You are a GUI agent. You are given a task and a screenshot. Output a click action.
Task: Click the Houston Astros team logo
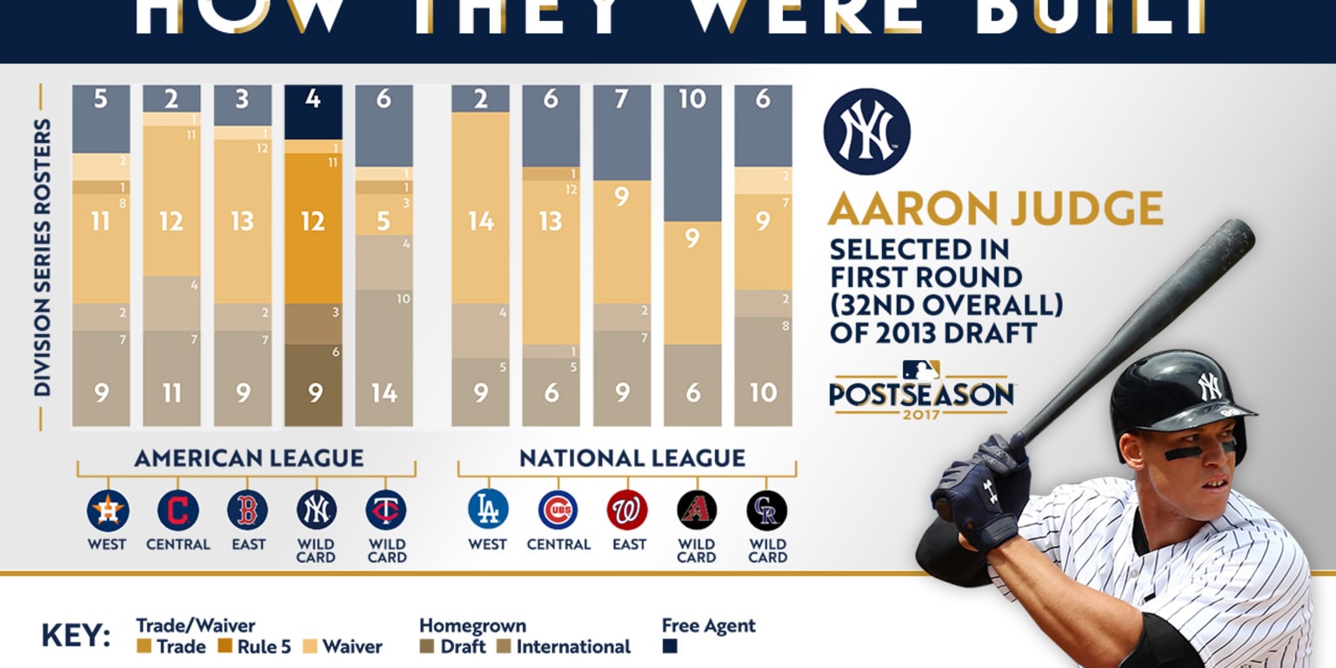pos(108,511)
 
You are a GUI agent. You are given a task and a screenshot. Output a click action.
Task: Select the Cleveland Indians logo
pos(177,511)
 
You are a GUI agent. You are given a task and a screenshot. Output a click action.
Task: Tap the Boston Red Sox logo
pos(248,511)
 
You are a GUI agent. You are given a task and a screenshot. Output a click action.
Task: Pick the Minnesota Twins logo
pos(386,511)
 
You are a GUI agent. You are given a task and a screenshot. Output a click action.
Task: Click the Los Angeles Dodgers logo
pos(488,510)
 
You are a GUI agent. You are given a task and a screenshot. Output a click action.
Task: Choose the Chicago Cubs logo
pos(558,510)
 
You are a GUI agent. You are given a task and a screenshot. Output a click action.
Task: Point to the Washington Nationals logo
pos(628,510)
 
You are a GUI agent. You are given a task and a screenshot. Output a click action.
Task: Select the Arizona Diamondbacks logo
pos(697,510)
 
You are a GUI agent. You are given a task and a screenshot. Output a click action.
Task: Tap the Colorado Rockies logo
pos(767,510)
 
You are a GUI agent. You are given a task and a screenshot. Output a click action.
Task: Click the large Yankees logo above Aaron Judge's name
pos(866,131)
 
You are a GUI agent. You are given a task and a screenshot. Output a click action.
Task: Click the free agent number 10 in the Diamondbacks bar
pos(692,99)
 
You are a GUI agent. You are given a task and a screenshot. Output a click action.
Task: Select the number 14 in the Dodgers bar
pos(480,221)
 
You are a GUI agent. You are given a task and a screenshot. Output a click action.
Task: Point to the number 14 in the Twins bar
pos(384,393)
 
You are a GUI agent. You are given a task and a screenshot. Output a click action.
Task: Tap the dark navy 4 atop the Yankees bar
pos(313,99)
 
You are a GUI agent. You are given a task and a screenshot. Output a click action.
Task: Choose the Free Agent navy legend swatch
pos(670,647)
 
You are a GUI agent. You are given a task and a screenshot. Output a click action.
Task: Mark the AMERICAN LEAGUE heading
pos(249,458)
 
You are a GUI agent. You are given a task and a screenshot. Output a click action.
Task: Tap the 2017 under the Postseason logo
pos(920,413)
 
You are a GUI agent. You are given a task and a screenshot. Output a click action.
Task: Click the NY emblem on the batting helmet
pos(1210,386)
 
